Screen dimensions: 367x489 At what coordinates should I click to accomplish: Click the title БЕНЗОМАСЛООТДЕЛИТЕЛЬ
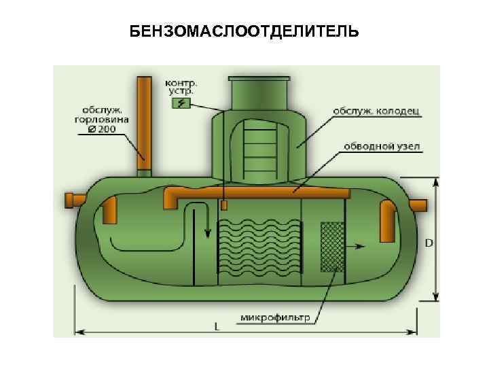pyautogui.click(x=244, y=33)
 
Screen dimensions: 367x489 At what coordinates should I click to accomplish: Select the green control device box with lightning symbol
pyautogui.click(x=181, y=103)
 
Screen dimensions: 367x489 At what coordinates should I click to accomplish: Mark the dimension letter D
pyautogui.click(x=429, y=243)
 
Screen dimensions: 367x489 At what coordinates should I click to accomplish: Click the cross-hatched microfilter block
pyautogui.click(x=331, y=246)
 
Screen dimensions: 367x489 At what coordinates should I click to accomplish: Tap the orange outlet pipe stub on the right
pyautogui.click(x=417, y=205)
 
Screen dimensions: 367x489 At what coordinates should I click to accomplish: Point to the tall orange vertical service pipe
pyautogui.click(x=144, y=122)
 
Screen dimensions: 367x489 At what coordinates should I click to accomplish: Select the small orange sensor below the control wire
pyautogui.click(x=223, y=205)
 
